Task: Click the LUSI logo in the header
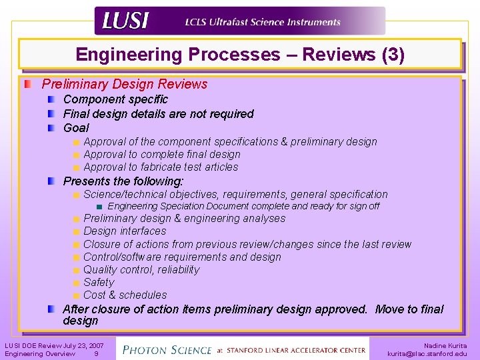click(125, 21)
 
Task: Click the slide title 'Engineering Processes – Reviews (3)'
click(240, 55)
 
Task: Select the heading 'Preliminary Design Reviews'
click(125, 84)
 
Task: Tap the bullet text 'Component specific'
click(115, 99)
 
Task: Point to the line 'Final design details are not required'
click(158, 113)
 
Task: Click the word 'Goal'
click(76, 127)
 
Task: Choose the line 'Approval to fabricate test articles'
click(161, 167)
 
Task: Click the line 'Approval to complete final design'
click(162, 154)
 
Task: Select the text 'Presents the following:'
click(123, 181)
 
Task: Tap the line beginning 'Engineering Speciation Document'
click(243, 206)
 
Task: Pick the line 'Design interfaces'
click(125, 231)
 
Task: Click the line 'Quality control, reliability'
click(141, 269)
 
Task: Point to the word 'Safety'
click(99, 282)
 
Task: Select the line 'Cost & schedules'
click(125, 295)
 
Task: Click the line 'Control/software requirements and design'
click(182, 257)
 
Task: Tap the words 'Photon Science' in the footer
click(165, 349)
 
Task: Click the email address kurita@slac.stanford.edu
click(427, 354)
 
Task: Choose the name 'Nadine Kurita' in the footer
click(445, 345)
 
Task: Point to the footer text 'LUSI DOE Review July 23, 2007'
click(54, 345)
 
